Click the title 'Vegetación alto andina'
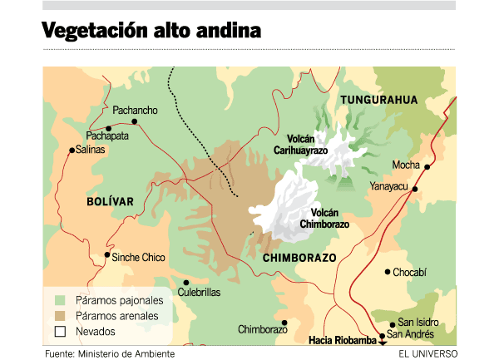pos(151,31)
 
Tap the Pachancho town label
pos(135,110)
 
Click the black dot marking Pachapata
pos(109,128)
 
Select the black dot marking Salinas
pos(72,150)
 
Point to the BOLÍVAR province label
pos(109,201)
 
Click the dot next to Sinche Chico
pos(106,256)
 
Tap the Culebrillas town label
pos(197,293)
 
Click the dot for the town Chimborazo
pos(284,323)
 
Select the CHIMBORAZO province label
pos(299,258)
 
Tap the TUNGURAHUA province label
pos(378,100)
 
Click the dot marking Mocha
pos(427,167)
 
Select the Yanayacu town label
pos(388,186)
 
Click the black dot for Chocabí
pos(388,272)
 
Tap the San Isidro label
pos(418,323)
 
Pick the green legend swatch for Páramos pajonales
pos(59,299)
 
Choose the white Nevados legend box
pos(59,332)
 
